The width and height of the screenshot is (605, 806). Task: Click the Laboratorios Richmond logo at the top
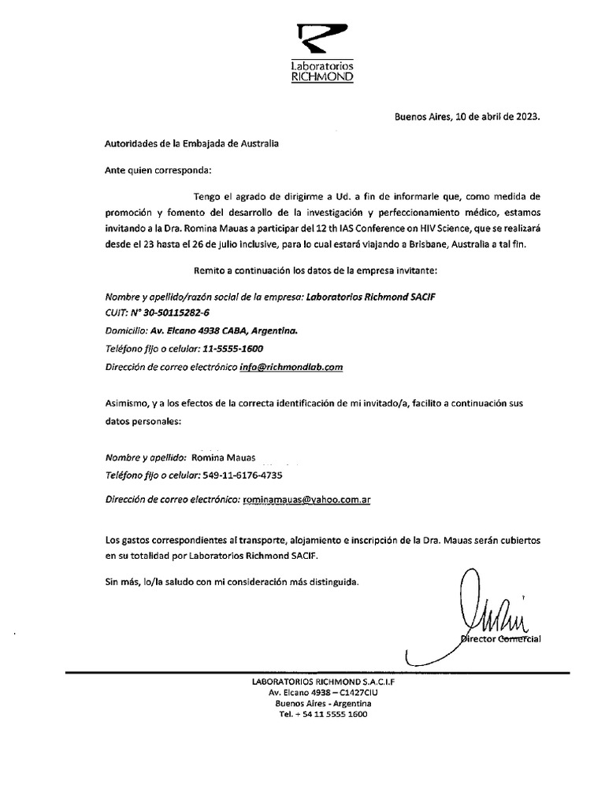pyautogui.click(x=323, y=53)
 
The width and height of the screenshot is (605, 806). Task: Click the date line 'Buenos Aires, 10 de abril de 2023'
pyautogui.click(x=467, y=116)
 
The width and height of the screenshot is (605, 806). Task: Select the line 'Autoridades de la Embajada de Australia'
pyautogui.click(x=191, y=143)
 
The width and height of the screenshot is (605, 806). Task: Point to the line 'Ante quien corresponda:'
pyautogui.click(x=158, y=169)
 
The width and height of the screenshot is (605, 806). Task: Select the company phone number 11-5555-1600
pyautogui.click(x=228, y=349)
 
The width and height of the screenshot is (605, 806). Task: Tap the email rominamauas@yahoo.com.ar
pyautogui.click(x=307, y=499)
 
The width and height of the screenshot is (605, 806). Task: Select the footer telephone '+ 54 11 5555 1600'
pyautogui.click(x=329, y=714)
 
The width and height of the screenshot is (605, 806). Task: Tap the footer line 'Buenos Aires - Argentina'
pyautogui.click(x=323, y=703)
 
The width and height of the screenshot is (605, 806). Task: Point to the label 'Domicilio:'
pyautogui.click(x=126, y=331)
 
